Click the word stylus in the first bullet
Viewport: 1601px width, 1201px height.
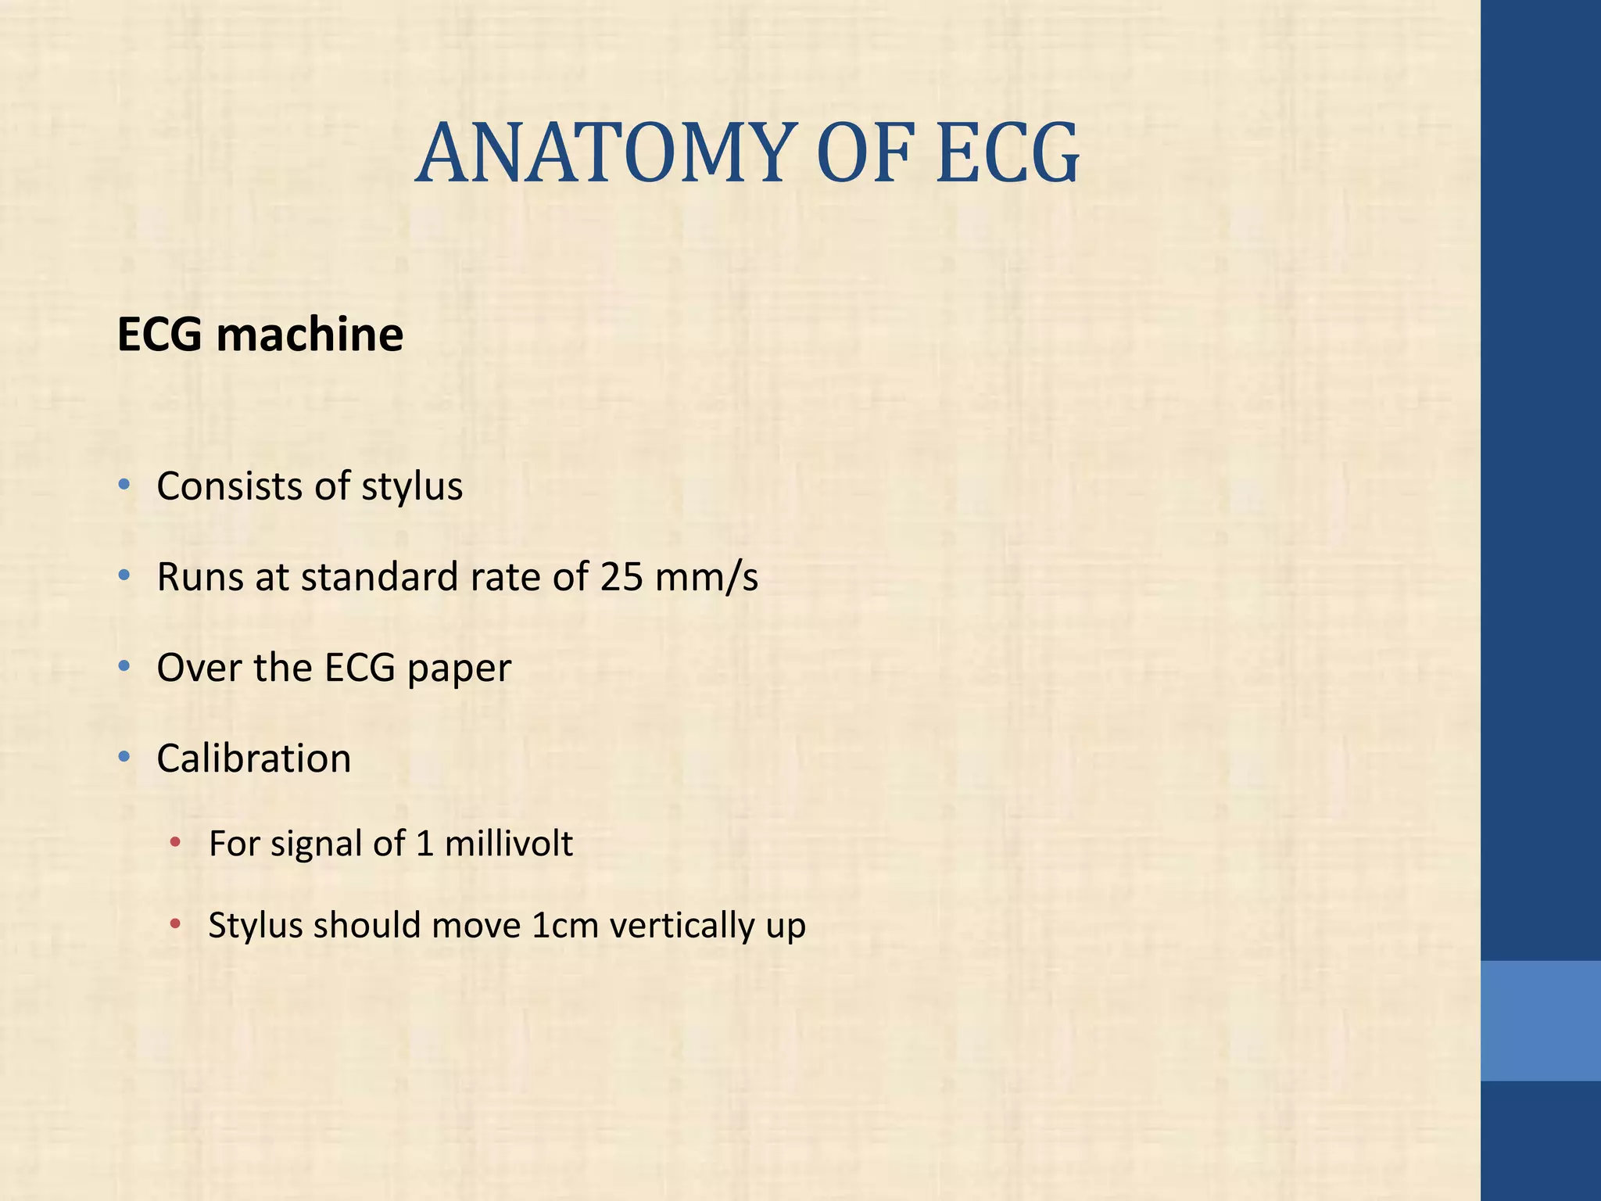point(412,486)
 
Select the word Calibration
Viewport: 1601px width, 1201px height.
point(253,758)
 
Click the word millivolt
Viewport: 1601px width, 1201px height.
point(508,844)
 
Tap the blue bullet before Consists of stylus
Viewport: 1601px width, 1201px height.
point(124,486)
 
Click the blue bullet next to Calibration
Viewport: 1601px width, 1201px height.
point(124,758)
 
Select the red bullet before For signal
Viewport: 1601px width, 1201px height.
point(176,843)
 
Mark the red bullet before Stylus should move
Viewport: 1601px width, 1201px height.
point(176,925)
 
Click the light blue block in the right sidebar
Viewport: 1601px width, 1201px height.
point(1540,1020)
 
